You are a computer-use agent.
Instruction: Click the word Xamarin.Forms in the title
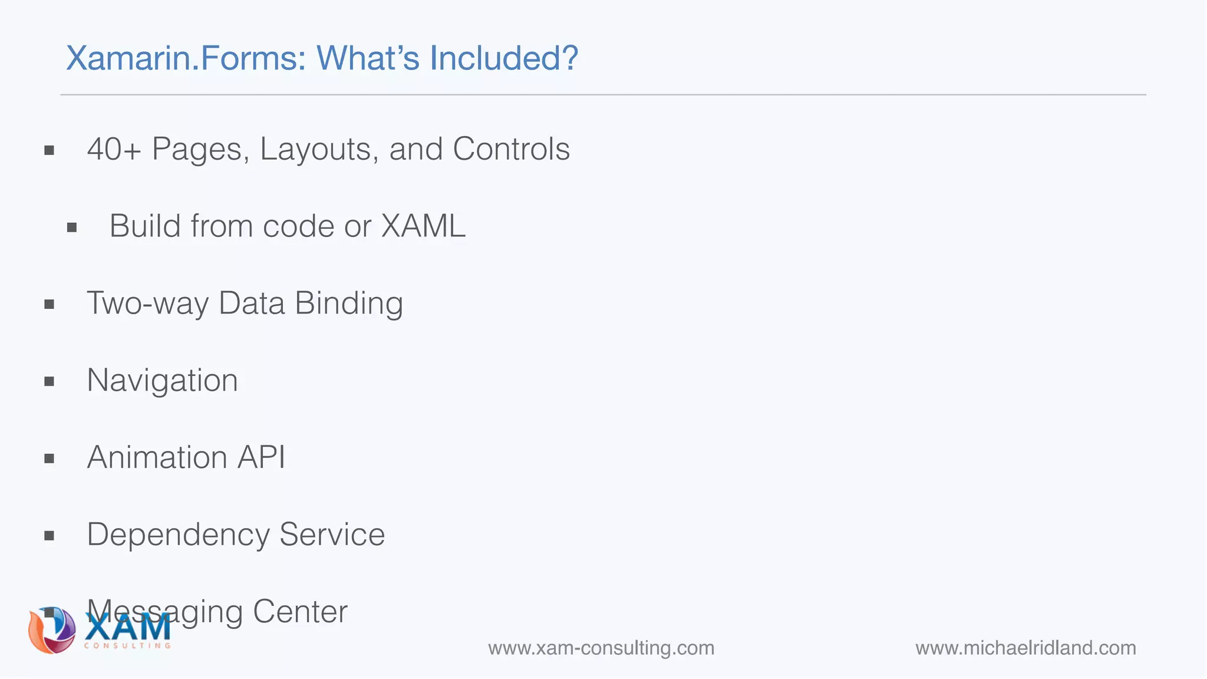pyautogui.click(x=186, y=58)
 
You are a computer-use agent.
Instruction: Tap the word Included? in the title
pyautogui.click(x=504, y=58)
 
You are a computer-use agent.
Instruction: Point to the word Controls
pyautogui.click(x=511, y=149)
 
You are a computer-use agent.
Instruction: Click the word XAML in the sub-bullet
pyautogui.click(x=423, y=226)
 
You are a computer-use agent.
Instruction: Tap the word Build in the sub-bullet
pyautogui.click(x=144, y=226)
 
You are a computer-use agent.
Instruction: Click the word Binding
pyautogui.click(x=349, y=304)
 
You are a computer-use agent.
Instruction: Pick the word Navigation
pyautogui.click(x=162, y=381)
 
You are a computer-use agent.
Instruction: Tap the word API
pyautogui.click(x=261, y=457)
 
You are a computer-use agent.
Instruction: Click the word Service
pyautogui.click(x=332, y=535)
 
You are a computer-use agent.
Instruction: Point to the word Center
pyautogui.click(x=300, y=612)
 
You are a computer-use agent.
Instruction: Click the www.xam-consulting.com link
pyautogui.click(x=601, y=648)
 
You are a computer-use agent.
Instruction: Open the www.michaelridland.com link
pyautogui.click(x=1025, y=648)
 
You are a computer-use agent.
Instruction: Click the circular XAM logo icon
pyautogui.click(x=52, y=631)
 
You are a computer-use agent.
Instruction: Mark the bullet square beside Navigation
pyautogui.click(x=50, y=382)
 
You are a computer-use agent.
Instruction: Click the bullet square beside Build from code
pyautogui.click(x=72, y=228)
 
